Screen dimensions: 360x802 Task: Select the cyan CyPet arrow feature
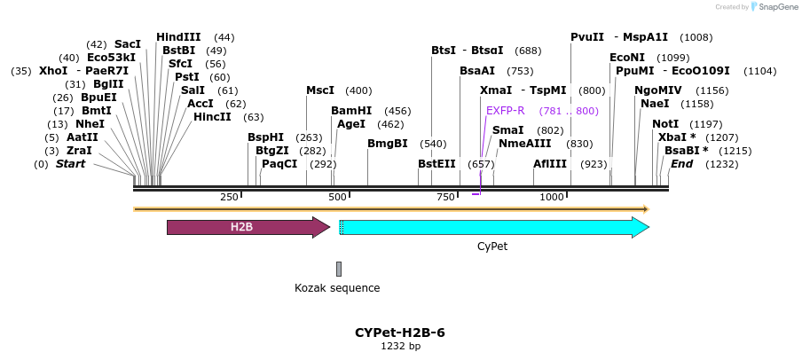[x=493, y=227]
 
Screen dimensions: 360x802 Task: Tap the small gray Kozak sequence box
[x=339, y=269]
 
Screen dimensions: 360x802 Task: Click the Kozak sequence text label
[x=337, y=288]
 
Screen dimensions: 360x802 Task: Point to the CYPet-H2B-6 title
[x=399, y=333]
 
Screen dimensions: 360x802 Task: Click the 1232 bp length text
[x=400, y=346]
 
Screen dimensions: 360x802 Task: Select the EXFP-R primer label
[x=506, y=111]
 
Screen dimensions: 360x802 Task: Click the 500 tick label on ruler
[x=337, y=196]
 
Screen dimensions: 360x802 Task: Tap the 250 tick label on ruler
[x=229, y=196]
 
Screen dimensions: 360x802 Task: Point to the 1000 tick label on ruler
[x=552, y=196]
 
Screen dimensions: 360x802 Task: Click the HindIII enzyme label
[x=178, y=37]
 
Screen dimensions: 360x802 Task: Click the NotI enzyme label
[x=665, y=124]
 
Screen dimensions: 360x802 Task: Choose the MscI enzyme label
[x=320, y=90]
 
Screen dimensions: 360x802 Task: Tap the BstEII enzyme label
[x=436, y=164]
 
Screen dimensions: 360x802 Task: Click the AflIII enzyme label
[x=550, y=164]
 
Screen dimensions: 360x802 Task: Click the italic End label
[x=681, y=164]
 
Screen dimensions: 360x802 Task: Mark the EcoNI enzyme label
[x=627, y=58]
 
